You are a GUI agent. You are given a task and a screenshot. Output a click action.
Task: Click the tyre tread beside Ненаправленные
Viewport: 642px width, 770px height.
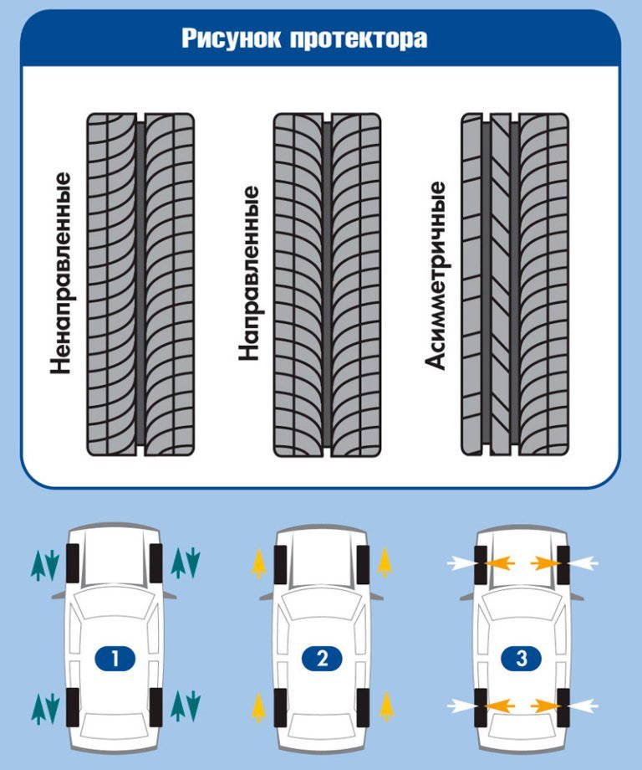(x=140, y=285)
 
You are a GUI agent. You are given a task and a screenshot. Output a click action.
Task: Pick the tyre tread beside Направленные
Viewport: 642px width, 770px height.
(x=328, y=285)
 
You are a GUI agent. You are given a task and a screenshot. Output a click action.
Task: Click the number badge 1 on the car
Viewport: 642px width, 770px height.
(x=116, y=660)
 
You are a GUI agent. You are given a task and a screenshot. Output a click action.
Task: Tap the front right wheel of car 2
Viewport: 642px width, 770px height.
(x=361, y=562)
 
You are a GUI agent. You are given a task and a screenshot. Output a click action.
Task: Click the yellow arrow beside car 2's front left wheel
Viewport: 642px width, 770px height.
(x=259, y=562)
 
